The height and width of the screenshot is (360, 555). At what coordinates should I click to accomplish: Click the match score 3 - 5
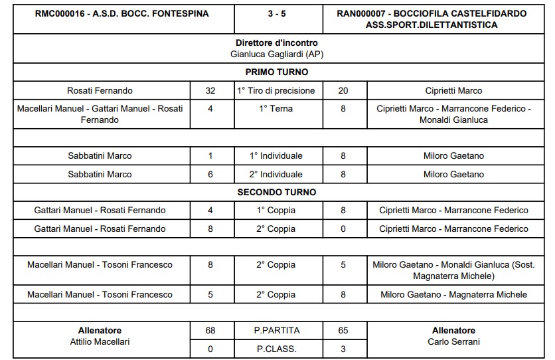277,13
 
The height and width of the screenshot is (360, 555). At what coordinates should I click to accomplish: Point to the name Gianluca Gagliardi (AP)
277,54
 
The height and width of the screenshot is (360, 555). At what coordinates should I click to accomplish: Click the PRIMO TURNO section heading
277,72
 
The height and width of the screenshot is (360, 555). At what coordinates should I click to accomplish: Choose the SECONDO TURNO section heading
277,193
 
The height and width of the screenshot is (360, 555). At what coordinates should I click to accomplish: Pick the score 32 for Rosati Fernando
210,91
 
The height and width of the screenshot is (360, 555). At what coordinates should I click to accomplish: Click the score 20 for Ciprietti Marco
343,91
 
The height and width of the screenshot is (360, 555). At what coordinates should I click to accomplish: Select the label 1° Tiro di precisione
277,91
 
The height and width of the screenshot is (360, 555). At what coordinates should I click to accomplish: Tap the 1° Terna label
277,108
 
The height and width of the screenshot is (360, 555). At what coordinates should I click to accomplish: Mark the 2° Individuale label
277,175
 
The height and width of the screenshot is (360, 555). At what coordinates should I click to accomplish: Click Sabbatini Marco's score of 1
210,156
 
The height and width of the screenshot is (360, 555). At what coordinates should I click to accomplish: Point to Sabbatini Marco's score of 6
210,175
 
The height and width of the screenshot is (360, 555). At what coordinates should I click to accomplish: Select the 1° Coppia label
277,211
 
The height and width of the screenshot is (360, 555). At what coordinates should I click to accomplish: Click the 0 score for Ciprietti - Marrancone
343,229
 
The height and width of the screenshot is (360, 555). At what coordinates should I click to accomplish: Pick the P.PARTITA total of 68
210,331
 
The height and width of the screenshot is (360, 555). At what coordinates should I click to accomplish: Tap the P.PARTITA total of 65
343,331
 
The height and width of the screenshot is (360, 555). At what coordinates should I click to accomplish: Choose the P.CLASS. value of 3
343,349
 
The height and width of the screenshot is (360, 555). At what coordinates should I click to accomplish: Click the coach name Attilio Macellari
100,342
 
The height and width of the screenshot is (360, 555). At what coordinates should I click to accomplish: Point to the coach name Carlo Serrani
454,342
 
